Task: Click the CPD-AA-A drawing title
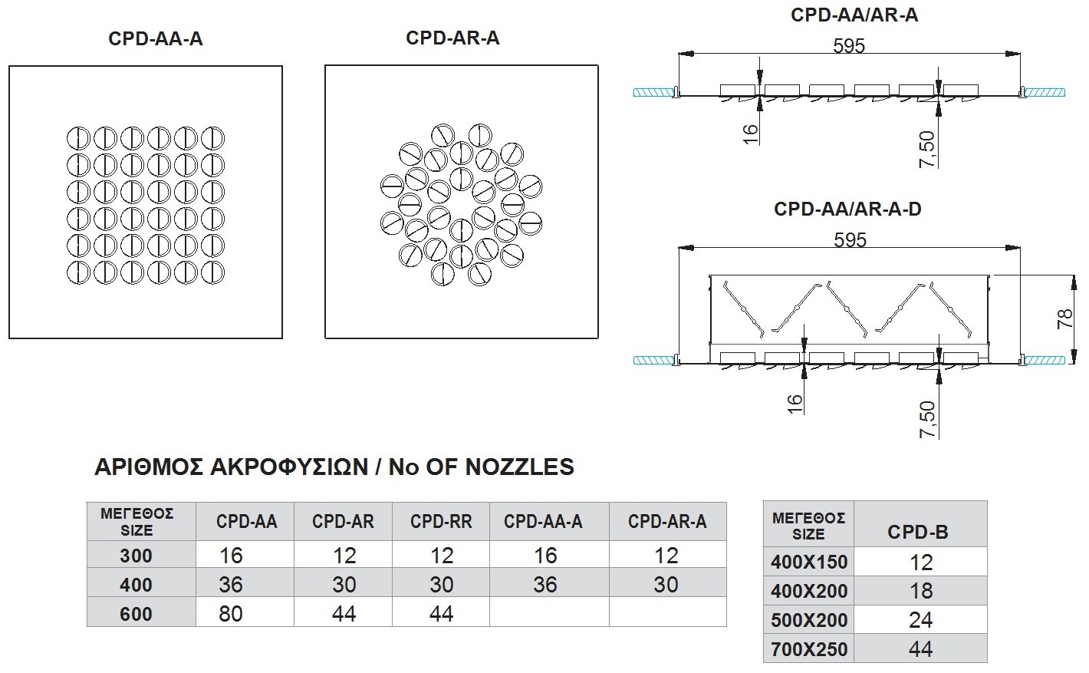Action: (156, 39)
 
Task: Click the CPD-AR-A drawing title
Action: (452, 38)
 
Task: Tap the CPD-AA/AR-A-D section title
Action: (847, 209)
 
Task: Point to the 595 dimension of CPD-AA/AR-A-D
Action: (850, 240)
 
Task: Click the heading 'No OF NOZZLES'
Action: (334, 467)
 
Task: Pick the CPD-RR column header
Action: (441, 522)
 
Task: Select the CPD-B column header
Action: (918, 532)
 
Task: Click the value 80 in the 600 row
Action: (230, 614)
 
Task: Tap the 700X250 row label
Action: (809, 650)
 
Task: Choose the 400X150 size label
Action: (809, 562)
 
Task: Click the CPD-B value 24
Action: (920, 620)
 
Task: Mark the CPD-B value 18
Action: (920, 591)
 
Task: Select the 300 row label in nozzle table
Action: (136, 556)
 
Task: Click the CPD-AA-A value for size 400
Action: (544, 585)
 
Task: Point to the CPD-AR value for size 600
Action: (343, 614)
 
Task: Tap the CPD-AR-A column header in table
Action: (667, 522)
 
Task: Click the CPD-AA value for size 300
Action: (230, 556)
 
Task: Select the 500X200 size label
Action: (809, 621)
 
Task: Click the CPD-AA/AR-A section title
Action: (854, 15)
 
